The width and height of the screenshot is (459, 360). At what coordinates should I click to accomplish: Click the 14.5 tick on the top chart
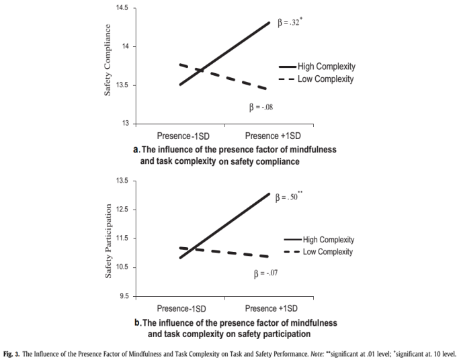click(x=124, y=8)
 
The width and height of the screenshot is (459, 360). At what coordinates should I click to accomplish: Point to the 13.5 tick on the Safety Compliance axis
click(x=124, y=85)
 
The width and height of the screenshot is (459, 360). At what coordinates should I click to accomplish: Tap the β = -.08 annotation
click(x=263, y=108)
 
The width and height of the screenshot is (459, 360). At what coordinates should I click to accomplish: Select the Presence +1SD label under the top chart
click(x=272, y=136)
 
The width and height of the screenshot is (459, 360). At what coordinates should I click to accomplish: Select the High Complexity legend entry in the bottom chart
click(x=328, y=240)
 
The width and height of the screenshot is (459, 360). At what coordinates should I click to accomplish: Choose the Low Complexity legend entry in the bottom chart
click(x=327, y=252)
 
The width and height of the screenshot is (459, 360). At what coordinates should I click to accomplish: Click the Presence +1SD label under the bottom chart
click(x=272, y=309)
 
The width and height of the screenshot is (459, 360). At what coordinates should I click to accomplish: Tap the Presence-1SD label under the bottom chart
click(x=181, y=309)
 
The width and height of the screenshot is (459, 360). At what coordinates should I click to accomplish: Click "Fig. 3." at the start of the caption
click(x=13, y=352)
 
